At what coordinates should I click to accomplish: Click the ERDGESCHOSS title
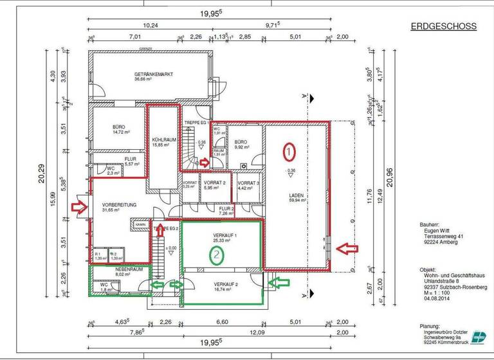point(443,26)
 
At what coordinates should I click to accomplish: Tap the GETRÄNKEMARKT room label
point(154,75)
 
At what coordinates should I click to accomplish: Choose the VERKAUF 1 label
point(225,236)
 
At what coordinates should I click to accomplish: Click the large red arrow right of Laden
point(349,247)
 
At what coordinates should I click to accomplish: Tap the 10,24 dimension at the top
point(150,26)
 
